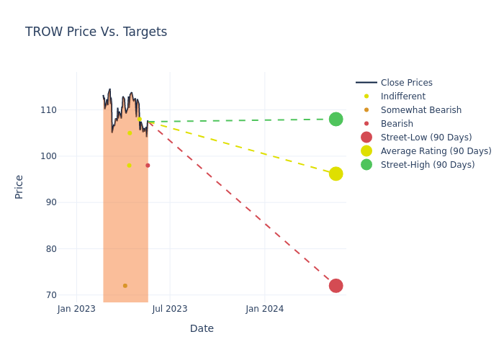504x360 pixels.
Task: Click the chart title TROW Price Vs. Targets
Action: click(96, 32)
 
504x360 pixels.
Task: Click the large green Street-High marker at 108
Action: click(336, 119)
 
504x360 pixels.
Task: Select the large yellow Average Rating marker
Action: click(336, 174)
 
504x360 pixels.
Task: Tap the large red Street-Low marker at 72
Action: click(336, 286)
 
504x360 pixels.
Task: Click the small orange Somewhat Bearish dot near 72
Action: click(125, 286)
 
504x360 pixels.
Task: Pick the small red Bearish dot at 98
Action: click(148, 166)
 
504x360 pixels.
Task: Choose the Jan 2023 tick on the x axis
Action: click(76, 309)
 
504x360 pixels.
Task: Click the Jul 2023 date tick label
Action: click(170, 309)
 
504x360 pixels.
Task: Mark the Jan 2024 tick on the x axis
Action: click(264, 309)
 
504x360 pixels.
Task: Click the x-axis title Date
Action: click(202, 329)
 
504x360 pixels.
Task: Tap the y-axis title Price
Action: click(19, 186)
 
